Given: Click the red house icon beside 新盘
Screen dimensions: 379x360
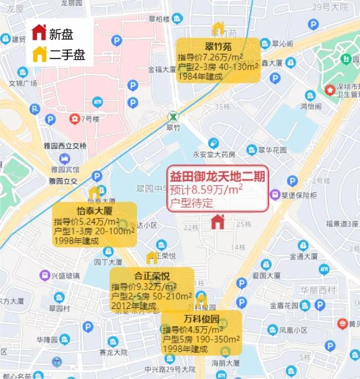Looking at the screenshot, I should [38, 33].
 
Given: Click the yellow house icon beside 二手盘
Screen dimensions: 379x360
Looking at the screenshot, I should [38, 54].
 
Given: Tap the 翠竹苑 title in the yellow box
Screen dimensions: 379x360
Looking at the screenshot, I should [218, 46].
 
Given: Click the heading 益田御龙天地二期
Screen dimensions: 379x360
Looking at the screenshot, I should [217, 175].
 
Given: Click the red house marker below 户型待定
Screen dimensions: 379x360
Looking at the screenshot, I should [217, 222].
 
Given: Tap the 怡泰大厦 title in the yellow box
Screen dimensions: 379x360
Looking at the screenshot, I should [94, 211].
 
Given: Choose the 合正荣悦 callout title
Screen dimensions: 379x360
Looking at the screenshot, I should [151, 276].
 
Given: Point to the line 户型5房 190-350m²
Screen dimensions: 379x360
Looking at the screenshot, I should [201, 340].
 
